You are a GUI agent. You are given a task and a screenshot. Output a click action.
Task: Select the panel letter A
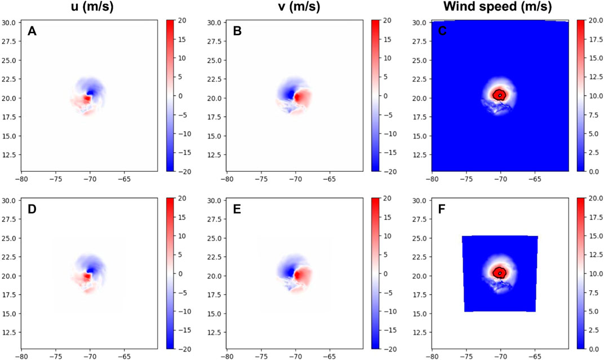(x=32, y=31)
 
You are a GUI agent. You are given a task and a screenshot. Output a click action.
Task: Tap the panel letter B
(x=237, y=31)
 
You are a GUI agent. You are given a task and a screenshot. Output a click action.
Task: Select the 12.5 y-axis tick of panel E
(x=216, y=332)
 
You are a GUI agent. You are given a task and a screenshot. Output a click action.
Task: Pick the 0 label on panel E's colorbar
(x=387, y=274)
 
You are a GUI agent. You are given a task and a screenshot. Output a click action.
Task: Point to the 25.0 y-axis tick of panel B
(x=216, y=60)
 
